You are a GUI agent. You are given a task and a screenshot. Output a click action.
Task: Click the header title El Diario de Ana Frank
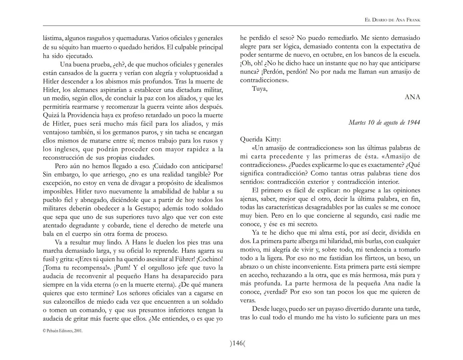pos(392,20)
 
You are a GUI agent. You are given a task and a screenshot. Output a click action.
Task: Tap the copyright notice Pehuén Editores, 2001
pos(62,331)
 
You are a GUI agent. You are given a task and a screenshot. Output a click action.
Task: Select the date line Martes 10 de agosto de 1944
pos(384,122)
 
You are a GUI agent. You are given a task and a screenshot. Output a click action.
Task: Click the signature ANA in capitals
pos(412,97)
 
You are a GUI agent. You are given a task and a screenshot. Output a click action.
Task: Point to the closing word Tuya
pos(260,89)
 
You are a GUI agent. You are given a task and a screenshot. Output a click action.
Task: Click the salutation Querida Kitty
pos(261,139)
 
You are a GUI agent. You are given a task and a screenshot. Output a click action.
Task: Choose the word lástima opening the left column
pos(52,39)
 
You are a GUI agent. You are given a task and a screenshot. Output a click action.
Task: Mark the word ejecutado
pos(79,56)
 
